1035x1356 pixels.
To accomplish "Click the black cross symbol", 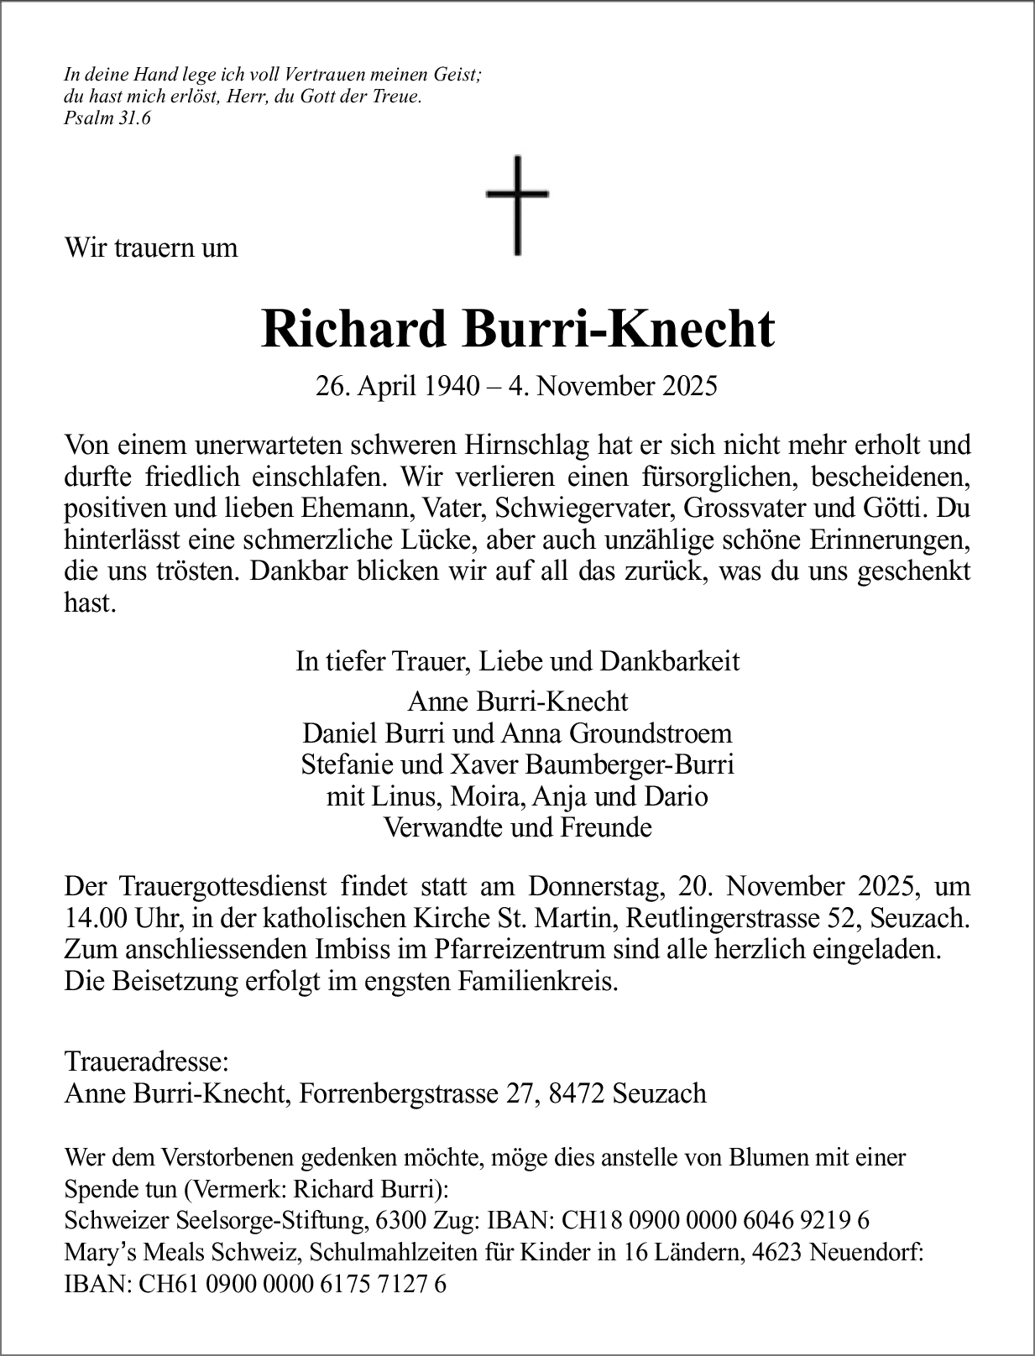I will coord(516,206).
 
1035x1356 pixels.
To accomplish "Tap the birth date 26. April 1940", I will coord(397,386).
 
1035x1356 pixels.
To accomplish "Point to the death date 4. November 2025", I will coord(625,386).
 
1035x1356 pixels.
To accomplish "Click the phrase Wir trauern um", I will coord(151,248).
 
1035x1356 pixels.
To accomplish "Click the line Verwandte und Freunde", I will coord(517,827).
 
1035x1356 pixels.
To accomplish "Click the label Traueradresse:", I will coord(145,1061).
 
